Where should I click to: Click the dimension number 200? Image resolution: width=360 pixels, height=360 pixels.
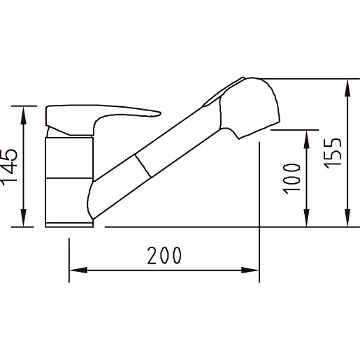tap(164, 255)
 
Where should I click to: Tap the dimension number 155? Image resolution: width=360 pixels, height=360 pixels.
tap(333, 153)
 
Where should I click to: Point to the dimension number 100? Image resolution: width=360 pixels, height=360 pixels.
tap(291, 179)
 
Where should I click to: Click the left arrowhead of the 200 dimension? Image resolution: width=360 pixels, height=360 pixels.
tap(78, 271)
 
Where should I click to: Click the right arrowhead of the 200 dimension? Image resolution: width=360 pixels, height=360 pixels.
tap(250, 271)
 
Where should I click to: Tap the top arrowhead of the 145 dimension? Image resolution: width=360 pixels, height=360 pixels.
tap(23, 115)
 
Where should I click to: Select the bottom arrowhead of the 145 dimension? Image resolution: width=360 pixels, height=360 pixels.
tap(23, 217)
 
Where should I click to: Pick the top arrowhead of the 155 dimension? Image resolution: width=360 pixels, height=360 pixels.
tap(347, 88)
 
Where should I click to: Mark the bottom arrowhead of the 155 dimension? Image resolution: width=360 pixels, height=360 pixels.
tap(347, 217)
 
